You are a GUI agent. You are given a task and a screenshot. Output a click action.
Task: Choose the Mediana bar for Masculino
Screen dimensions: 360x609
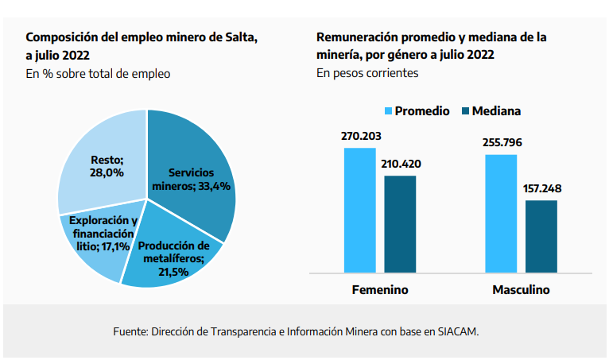[x=541, y=236]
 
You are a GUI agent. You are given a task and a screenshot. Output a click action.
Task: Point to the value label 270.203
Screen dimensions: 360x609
[x=359, y=136]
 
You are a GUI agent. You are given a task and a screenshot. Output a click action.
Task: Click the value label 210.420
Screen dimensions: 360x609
[x=400, y=165]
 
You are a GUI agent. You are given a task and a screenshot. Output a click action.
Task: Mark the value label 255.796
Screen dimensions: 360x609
[x=501, y=143]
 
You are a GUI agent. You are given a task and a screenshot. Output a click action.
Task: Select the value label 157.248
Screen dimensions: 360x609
[x=541, y=189]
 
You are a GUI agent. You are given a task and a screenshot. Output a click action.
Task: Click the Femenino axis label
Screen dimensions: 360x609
[x=380, y=290]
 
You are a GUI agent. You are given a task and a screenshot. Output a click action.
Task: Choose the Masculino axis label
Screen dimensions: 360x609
[x=521, y=290]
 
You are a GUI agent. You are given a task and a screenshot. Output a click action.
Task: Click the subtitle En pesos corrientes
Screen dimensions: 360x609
[x=367, y=73]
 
